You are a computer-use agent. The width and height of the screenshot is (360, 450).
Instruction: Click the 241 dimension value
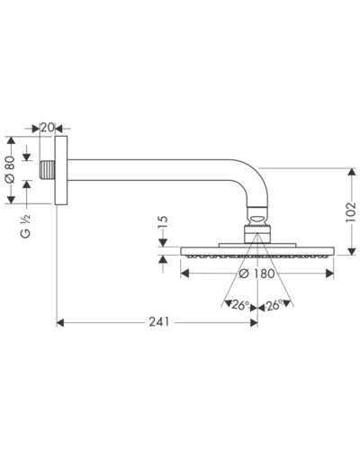(159, 322)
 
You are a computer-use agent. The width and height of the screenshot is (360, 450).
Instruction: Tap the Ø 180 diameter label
(257, 274)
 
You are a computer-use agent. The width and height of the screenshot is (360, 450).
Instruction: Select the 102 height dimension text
(350, 212)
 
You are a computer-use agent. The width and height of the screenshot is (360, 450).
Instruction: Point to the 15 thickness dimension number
(163, 223)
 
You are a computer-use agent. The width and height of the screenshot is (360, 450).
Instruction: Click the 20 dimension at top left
(48, 128)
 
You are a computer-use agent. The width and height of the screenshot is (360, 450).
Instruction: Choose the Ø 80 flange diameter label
(10, 169)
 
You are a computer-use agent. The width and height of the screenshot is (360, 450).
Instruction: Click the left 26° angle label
(240, 305)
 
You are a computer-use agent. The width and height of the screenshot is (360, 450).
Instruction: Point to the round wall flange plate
(61, 170)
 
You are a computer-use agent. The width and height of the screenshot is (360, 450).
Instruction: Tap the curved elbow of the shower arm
(255, 177)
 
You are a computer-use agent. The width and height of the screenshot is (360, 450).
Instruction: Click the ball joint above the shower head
(257, 219)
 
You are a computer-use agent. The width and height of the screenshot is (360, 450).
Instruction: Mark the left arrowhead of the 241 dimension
(60, 323)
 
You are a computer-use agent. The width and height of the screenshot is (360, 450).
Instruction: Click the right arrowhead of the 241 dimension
(254, 323)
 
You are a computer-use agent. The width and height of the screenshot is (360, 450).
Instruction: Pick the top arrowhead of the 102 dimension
(352, 172)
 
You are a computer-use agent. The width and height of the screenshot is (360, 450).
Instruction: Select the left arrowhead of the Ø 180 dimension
(184, 274)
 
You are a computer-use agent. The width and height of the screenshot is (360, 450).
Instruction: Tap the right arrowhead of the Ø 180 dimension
(329, 274)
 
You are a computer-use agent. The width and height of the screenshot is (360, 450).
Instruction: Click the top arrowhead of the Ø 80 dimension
(11, 140)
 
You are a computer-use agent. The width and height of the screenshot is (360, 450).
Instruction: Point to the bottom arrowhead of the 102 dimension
(352, 251)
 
